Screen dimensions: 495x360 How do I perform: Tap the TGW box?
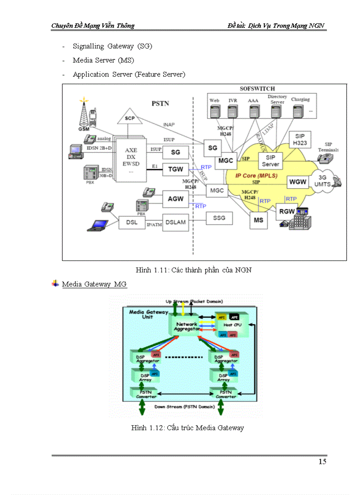[x=175, y=169]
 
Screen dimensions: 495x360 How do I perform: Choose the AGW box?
[x=175, y=199]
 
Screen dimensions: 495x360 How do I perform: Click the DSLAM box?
[x=175, y=222]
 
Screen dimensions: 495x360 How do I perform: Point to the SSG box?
[x=219, y=218]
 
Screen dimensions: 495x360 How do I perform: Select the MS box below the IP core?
[x=258, y=220]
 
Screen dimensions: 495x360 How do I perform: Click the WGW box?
[x=298, y=182]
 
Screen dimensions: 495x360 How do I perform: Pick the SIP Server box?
[x=270, y=161]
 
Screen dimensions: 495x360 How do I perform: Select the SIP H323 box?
[x=300, y=140]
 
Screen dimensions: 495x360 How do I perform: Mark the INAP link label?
[x=169, y=125]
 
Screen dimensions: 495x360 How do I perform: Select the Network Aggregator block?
[x=186, y=327]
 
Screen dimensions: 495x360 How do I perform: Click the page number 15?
[x=322, y=462]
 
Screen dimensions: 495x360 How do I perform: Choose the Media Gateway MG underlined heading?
[x=94, y=284]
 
